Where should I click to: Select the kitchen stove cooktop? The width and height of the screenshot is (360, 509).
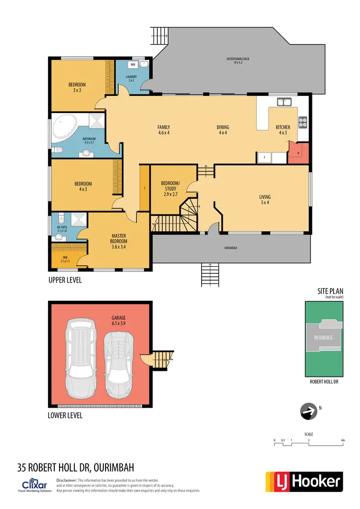click(303, 122)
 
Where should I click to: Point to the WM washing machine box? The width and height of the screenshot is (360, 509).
click(132, 64)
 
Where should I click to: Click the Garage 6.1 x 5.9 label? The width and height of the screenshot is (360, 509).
click(119, 320)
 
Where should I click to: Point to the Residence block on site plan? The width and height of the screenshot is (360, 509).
click(323, 337)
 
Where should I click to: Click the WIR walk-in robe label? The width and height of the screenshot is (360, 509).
click(65, 260)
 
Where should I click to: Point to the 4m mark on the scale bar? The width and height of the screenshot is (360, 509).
click(342, 440)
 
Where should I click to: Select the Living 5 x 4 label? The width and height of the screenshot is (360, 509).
click(264, 200)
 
